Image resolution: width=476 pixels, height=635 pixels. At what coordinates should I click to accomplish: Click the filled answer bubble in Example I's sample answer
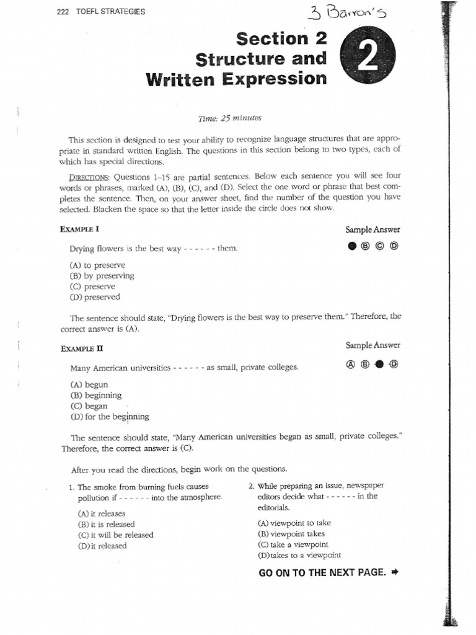pyautogui.click(x=352, y=246)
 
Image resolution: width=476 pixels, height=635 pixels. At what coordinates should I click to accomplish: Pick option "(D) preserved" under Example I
pyautogui.click(x=95, y=297)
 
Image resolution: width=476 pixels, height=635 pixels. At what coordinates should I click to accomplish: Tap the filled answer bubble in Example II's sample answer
pyautogui.click(x=379, y=365)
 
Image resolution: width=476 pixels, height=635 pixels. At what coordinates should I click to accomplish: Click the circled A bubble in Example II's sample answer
pyautogui.click(x=351, y=365)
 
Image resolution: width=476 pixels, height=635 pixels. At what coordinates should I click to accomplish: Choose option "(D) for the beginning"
pyautogui.click(x=110, y=417)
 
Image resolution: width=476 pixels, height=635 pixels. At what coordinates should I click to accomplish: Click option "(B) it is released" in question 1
pyautogui.click(x=106, y=524)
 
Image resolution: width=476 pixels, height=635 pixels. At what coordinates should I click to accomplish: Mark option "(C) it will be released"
pyautogui.click(x=115, y=535)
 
